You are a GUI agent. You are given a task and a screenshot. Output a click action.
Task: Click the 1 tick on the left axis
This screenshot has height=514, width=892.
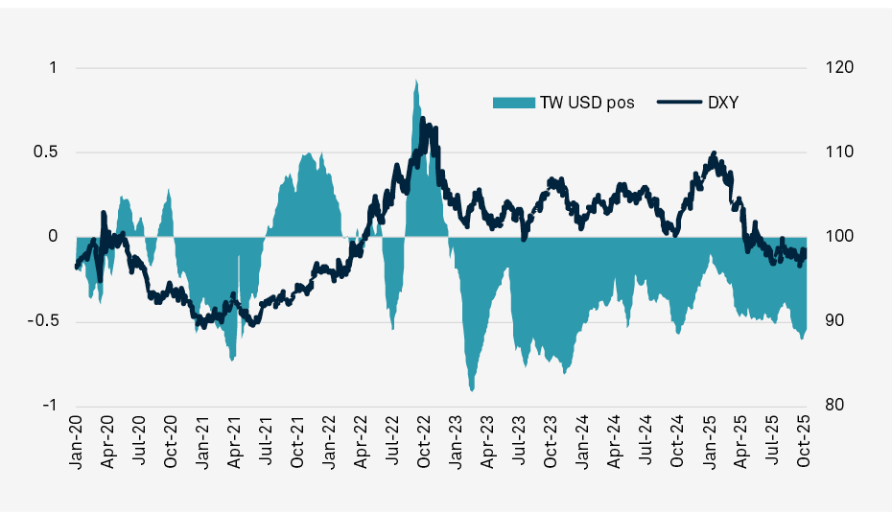point(53,68)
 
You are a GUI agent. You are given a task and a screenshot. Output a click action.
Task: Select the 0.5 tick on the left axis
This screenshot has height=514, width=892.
point(47,152)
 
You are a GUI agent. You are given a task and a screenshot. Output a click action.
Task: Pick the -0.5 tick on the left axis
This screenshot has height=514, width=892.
point(45,320)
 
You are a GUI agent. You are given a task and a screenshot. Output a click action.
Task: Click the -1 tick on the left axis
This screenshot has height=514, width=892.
point(51,405)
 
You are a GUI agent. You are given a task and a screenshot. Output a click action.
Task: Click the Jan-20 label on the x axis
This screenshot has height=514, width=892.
point(76,443)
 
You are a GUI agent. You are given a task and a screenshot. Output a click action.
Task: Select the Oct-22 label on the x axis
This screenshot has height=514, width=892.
point(424,443)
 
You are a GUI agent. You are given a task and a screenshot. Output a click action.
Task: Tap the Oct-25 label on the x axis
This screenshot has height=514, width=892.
point(804,443)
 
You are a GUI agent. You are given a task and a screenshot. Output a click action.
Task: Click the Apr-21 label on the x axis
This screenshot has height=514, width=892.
point(234,443)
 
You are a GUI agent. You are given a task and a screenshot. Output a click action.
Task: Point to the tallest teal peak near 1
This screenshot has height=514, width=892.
point(415,81)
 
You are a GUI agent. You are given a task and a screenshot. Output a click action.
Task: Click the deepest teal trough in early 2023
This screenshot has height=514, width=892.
point(471,390)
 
